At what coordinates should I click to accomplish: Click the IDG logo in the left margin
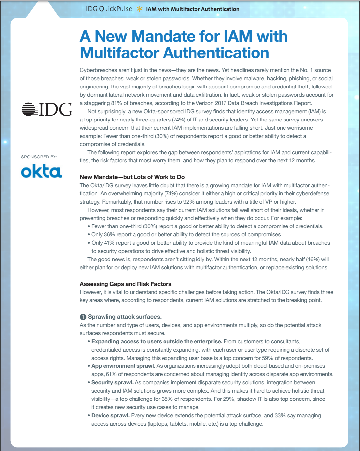pyautogui.click(x=45, y=109)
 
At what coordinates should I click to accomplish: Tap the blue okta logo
pyautogui.click(x=41, y=172)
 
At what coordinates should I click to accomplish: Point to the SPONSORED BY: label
pyautogui.click(x=39, y=157)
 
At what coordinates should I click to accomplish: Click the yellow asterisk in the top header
pyautogui.click(x=140, y=9)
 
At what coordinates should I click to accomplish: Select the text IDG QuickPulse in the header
pyautogui.click(x=109, y=9)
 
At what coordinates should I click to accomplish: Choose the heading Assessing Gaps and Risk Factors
pyautogui.click(x=126, y=284)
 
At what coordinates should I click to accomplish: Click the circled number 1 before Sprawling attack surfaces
pyautogui.click(x=83, y=317)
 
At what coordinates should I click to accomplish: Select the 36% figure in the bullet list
pyautogui.click(x=109, y=235)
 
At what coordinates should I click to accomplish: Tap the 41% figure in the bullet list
pyautogui.click(x=109, y=243)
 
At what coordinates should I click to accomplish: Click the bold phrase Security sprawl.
pyautogui.click(x=112, y=383)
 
